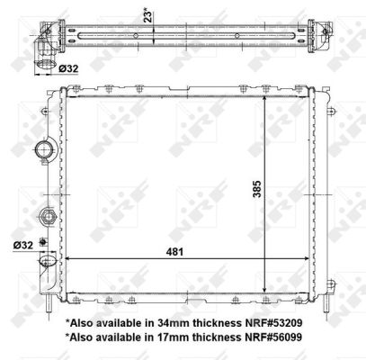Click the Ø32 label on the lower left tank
tap(22, 243)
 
